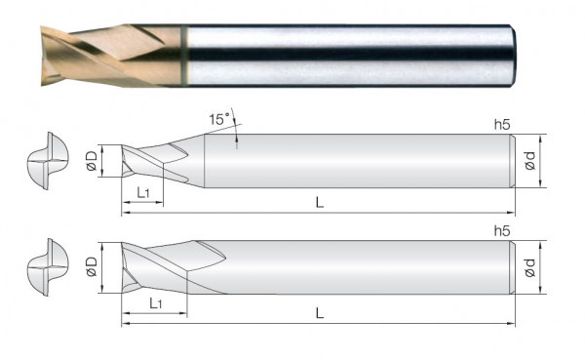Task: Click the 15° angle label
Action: coord(219,119)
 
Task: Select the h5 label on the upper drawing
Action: coord(502,125)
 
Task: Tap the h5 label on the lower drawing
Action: coord(502,231)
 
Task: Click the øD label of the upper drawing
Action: coord(92,161)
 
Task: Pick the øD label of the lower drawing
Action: coord(92,266)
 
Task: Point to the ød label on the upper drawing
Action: coord(529,161)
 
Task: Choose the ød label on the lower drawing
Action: coord(529,267)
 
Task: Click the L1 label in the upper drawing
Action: coord(143,193)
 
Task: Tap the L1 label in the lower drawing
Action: coord(156,303)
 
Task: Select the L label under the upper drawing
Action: coord(320,203)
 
